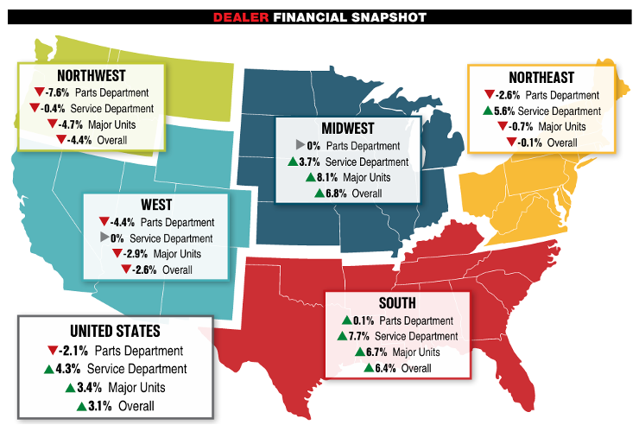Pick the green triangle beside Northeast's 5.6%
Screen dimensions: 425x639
490,111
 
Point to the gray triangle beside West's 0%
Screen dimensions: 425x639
103,238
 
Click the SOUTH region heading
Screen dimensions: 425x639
397,304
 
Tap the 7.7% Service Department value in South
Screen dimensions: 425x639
358,336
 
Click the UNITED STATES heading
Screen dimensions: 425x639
115,331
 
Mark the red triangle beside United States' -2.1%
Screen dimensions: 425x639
54,351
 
